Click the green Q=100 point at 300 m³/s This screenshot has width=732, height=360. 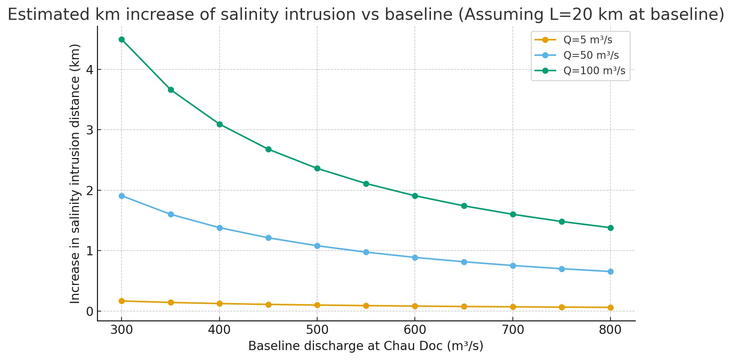122,40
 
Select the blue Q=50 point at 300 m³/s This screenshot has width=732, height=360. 122,196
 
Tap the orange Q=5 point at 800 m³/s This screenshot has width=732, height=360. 610,307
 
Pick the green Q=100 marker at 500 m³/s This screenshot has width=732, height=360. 317,169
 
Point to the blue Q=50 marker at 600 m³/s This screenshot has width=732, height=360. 415,258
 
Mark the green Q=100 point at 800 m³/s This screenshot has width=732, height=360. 610,228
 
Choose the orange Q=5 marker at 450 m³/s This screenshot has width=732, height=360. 268,305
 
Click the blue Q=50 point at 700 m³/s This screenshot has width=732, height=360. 513,266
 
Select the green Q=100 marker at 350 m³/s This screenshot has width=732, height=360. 171,90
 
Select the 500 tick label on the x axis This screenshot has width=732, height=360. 317,330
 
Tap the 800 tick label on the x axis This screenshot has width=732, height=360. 610,330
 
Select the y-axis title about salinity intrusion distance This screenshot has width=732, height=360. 75,173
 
